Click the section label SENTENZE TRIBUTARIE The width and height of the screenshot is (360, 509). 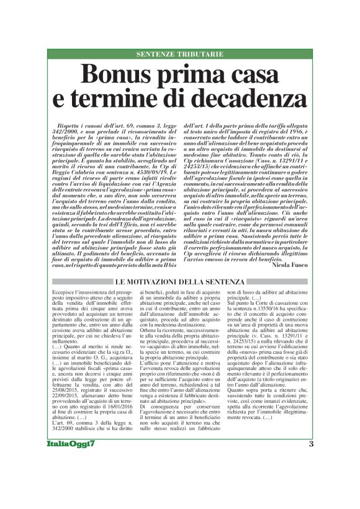point(179,54)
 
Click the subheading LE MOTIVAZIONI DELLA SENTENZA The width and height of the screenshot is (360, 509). point(180,282)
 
